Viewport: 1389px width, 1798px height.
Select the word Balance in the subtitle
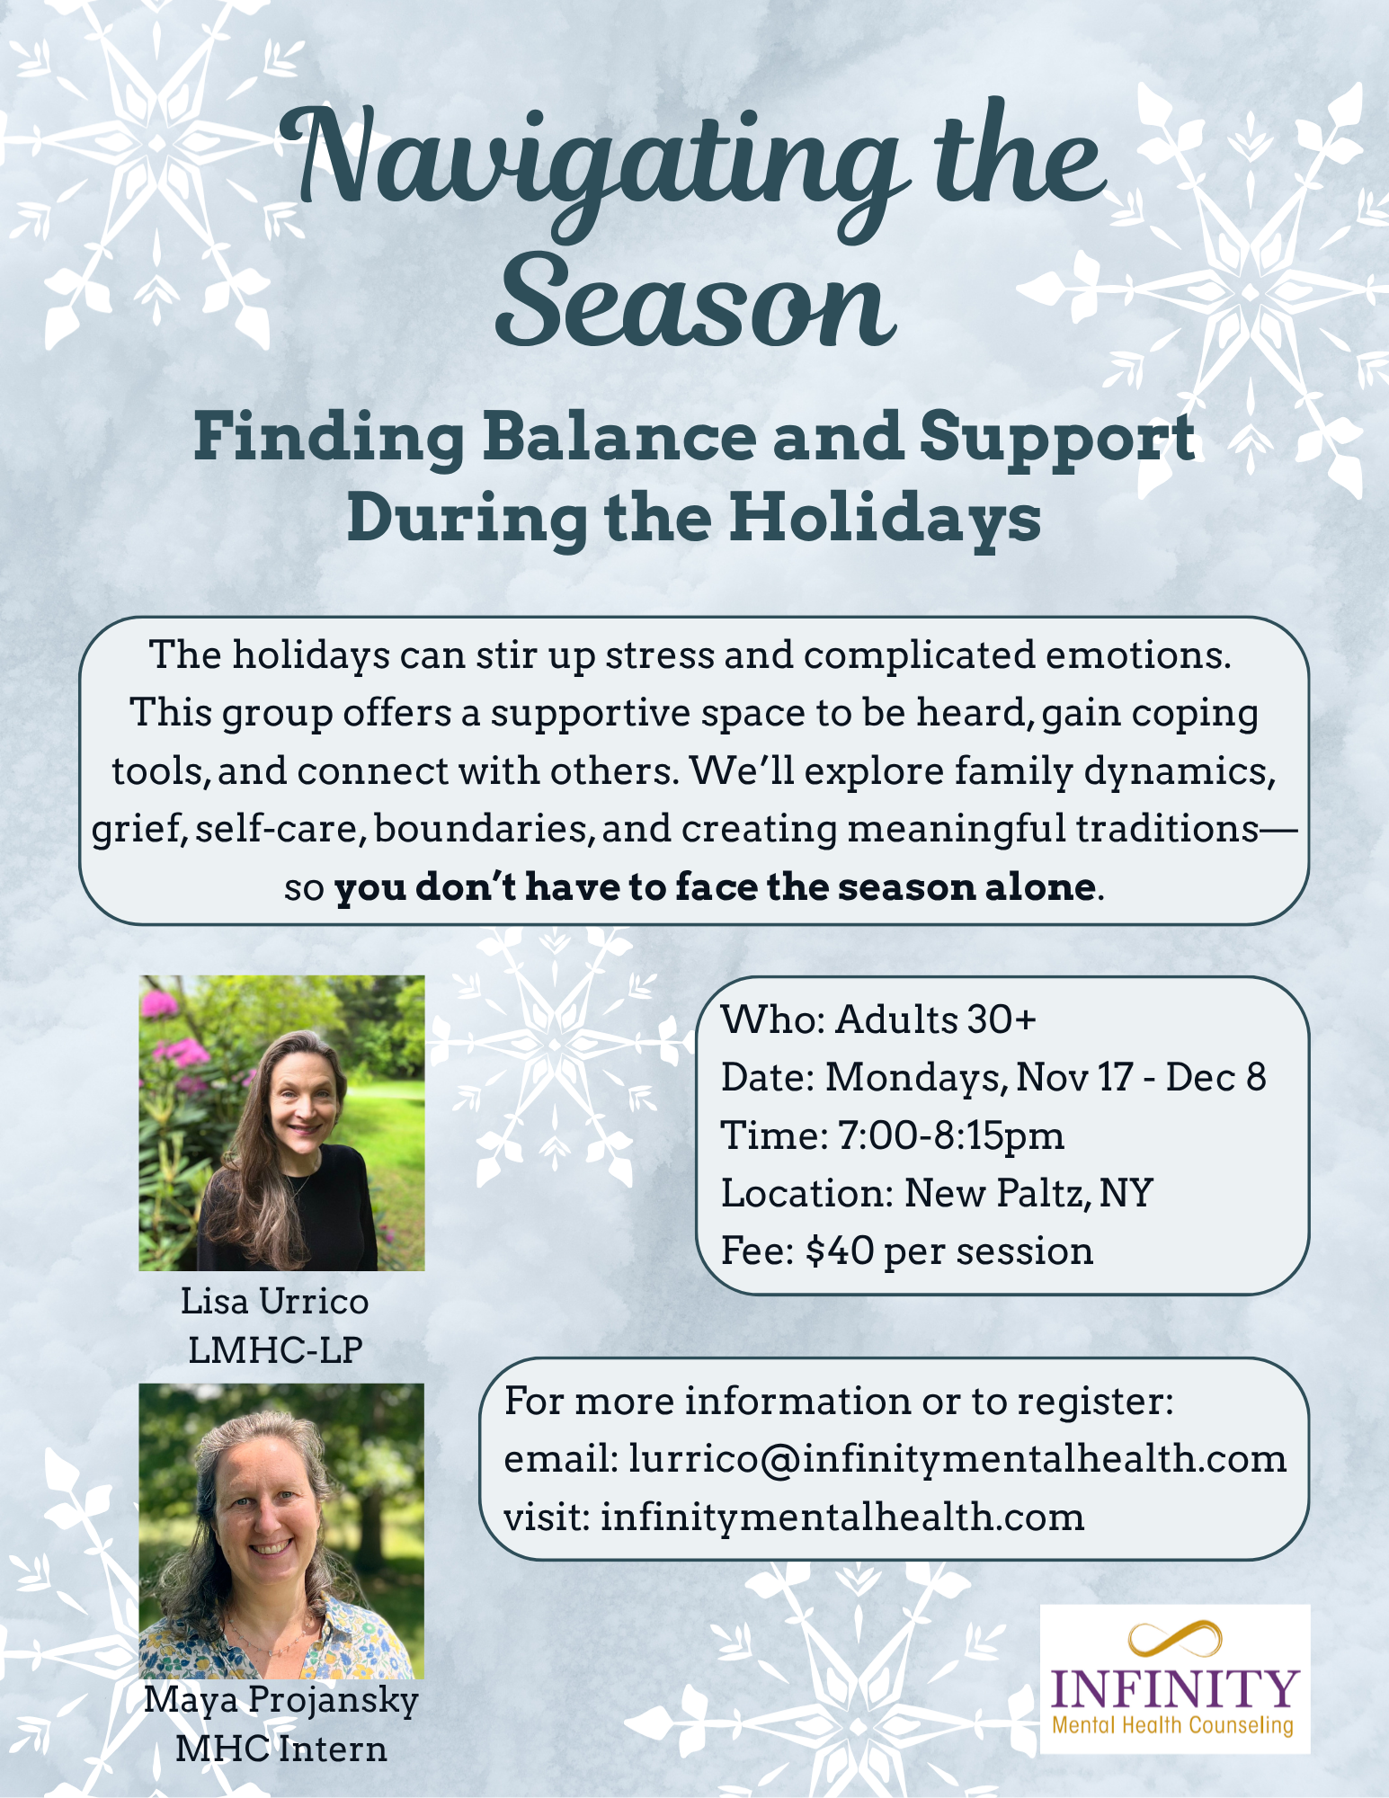point(619,437)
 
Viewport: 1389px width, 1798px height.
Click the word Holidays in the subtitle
point(886,520)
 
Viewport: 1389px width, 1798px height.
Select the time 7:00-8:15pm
point(951,1135)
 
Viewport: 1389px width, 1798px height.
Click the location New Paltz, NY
point(1028,1194)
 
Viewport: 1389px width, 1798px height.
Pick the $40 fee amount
point(840,1251)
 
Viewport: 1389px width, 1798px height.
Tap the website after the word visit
point(842,1517)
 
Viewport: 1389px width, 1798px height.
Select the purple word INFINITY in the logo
point(1175,1690)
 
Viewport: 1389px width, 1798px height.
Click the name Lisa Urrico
point(275,1301)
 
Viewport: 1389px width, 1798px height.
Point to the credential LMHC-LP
point(275,1350)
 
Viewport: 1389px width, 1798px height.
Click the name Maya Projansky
point(281,1701)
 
